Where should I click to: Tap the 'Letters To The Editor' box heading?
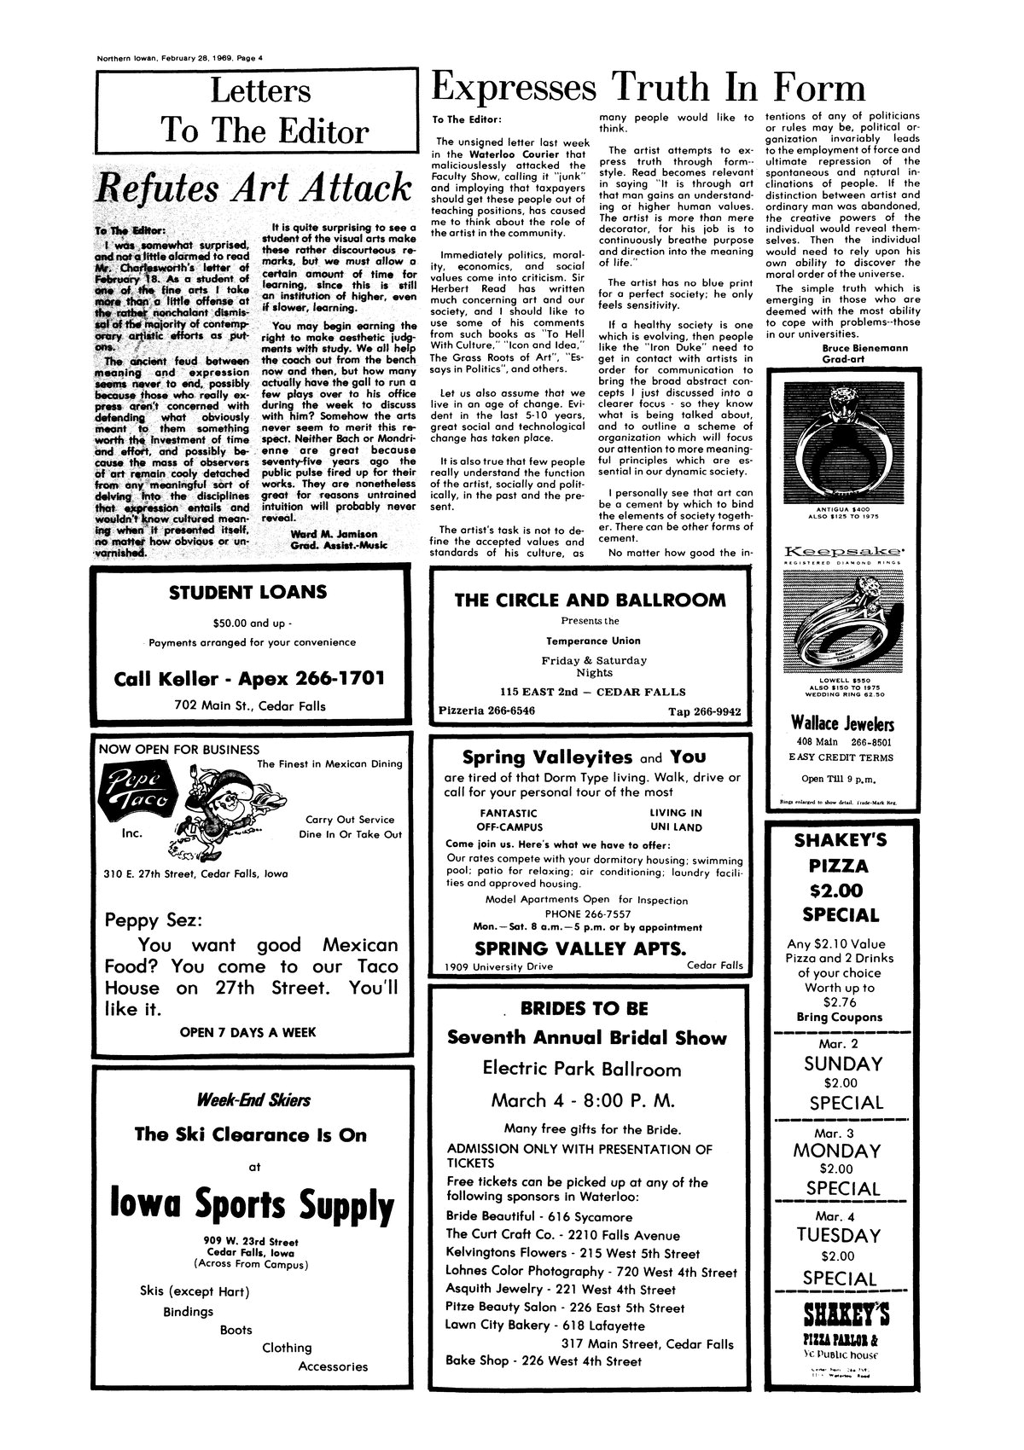tap(253, 111)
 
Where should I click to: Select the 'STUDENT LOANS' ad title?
tap(248, 592)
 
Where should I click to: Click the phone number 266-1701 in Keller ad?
tap(333, 678)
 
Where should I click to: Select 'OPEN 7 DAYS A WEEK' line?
tap(248, 1032)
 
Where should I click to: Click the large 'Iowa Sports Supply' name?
tap(253, 1206)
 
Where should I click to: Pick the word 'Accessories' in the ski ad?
tap(333, 1366)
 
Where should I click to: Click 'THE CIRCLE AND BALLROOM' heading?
tap(591, 600)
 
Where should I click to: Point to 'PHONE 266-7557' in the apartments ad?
tap(592, 913)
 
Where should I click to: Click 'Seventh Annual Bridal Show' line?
tap(587, 1038)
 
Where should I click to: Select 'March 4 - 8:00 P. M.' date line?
tap(584, 1099)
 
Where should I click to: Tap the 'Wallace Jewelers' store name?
tap(843, 724)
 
